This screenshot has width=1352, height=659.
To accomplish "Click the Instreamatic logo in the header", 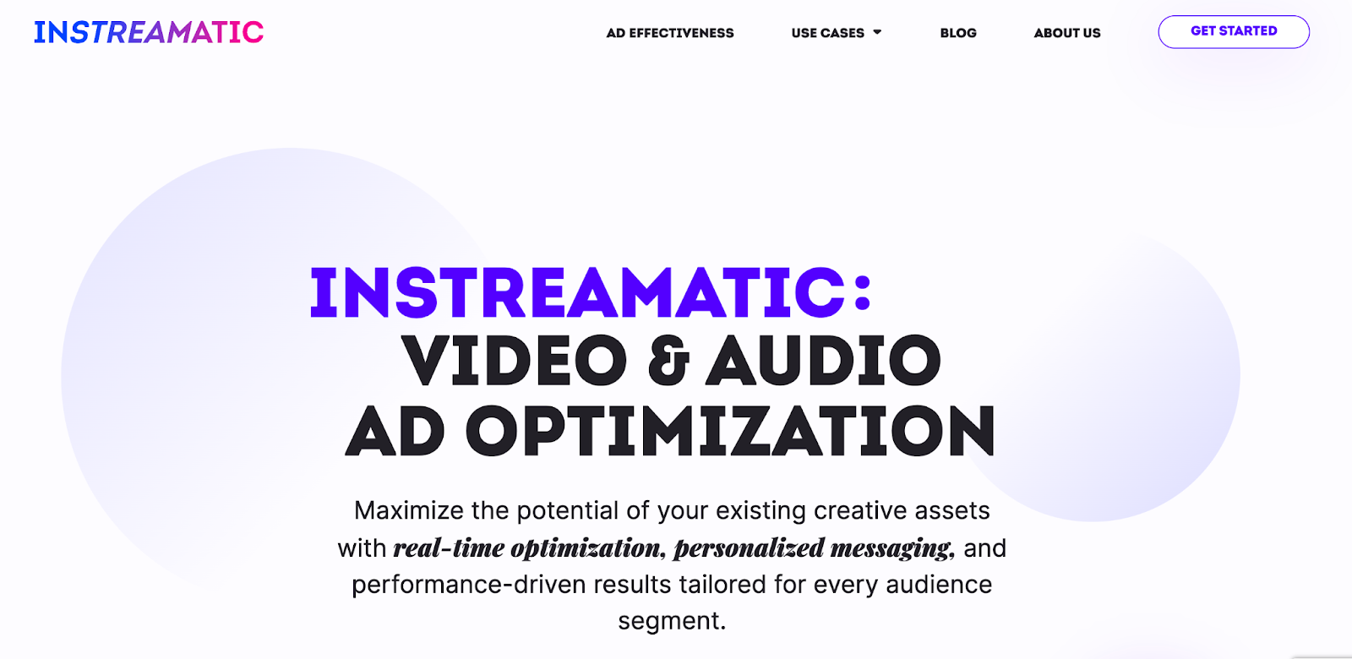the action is (x=149, y=32).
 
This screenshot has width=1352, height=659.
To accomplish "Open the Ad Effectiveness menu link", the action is (x=670, y=33).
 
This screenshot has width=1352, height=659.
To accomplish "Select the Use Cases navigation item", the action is (x=827, y=33).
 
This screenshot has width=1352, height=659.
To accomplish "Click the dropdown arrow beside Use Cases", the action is (x=877, y=32).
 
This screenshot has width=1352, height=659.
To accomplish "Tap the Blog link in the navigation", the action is (x=958, y=33).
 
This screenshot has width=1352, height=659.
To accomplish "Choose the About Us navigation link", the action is (x=1067, y=33).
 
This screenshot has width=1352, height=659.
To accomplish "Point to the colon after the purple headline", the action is (x=863, y=292).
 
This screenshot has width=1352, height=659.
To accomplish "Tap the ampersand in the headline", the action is (x=668, y=361).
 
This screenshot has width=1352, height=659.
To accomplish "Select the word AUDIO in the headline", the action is (x=823, y=361).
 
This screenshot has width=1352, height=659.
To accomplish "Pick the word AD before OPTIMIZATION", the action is (x=395, y=431).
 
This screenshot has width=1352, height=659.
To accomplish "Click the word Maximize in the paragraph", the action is (x=409, y=510).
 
